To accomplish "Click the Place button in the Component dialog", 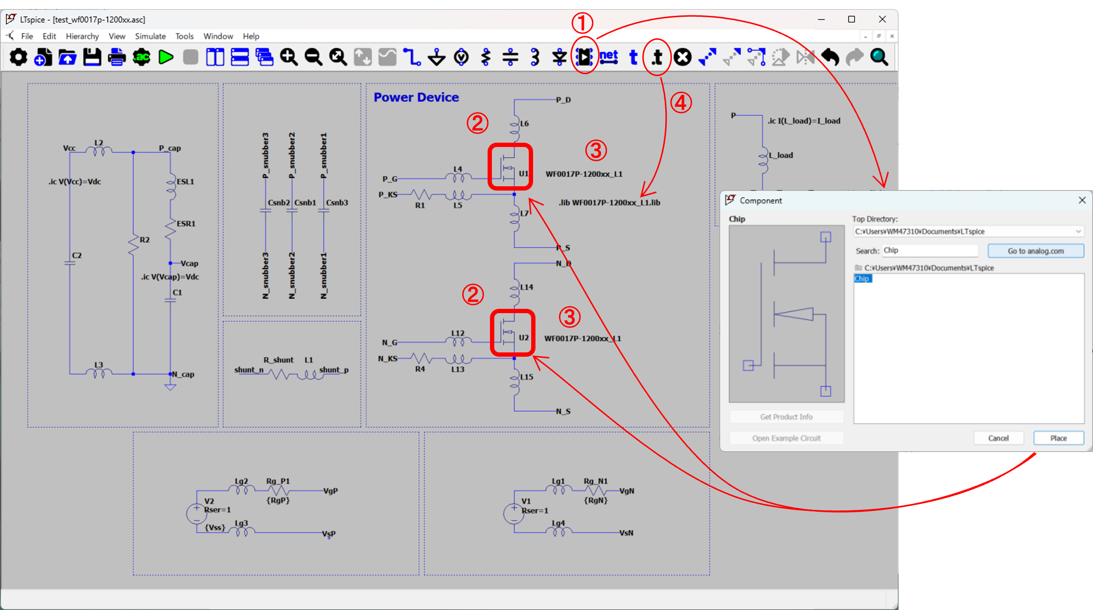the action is (1058, 438).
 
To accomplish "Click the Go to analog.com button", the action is (1036, 251).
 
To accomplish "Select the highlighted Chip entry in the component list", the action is (862, 279).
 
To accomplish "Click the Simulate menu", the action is (150, 36).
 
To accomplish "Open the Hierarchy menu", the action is (82, 36).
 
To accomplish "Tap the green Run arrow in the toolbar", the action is (166, 57).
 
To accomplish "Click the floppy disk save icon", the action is (92, 57).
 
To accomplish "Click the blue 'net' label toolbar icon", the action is (608, 57).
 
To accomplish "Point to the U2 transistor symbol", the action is (509, 332).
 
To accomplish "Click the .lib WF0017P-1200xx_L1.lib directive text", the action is (609, 203).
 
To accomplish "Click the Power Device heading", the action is (416, 97).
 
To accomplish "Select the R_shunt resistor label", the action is (278, 360).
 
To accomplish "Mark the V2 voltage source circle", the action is (196, 514).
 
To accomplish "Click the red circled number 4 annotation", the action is (681, 102).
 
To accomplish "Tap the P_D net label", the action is (563, 100).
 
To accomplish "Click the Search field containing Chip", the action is (930, 250).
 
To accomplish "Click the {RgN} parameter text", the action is (596, 500).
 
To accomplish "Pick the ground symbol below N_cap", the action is (170, 386).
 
